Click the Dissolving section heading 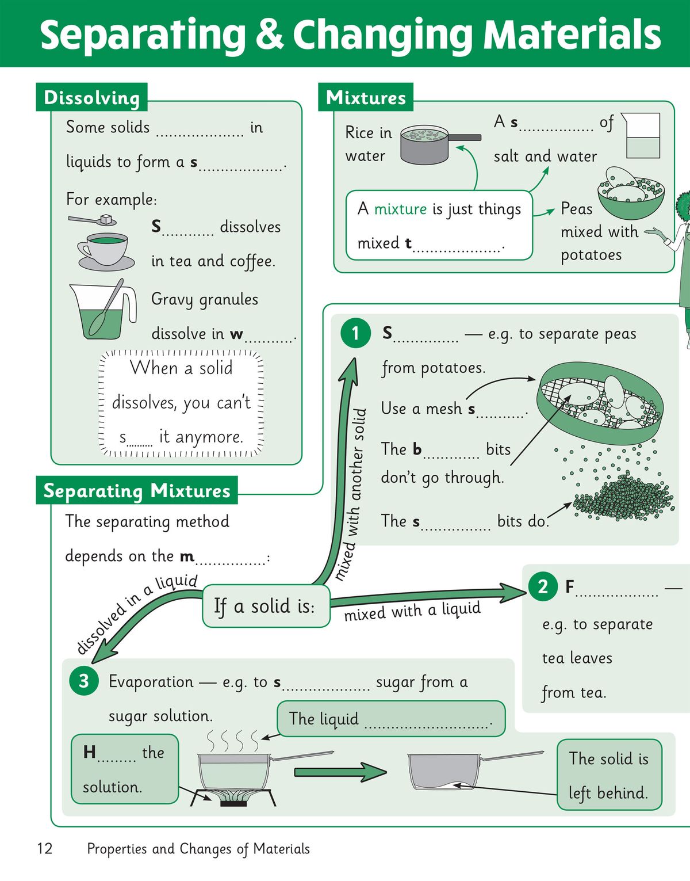click(92, 98)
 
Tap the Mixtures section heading click(366, 98)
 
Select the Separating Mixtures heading click(137, 491)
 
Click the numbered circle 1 click(355, 333)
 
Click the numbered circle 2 click(542, 586)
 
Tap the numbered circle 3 click(84, 681)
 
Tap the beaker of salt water click(641, 136)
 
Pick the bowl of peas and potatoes click(630, 193)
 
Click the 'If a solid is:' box click(266, 606)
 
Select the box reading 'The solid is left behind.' click(609, 775)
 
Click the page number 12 click(44, 848)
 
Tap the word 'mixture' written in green click(400, 209)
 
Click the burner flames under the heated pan click(234, 795)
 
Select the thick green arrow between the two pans click(340, 772)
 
